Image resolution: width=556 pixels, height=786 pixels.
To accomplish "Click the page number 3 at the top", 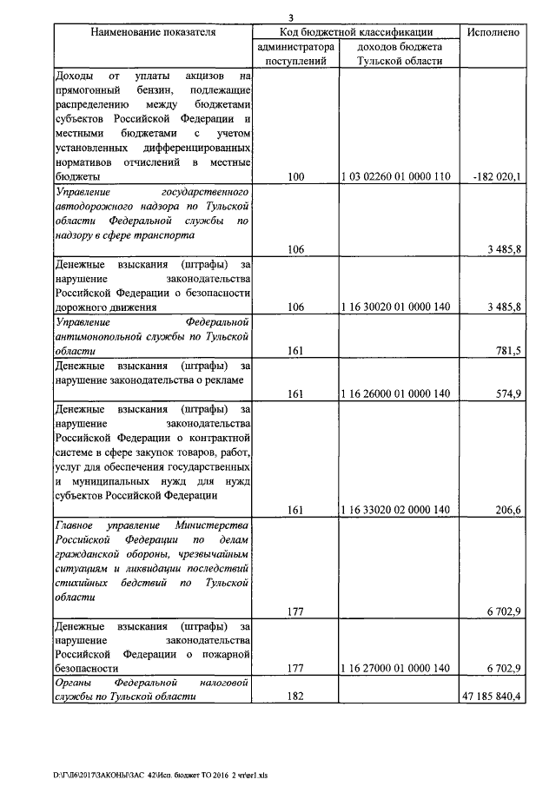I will tap(293, 17).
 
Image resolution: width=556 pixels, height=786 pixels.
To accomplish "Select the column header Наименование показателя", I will tap(153, 32).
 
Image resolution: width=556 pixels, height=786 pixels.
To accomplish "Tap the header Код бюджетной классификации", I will tap(357, 32).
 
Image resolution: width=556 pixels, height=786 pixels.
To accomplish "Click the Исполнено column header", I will tap(493, 32).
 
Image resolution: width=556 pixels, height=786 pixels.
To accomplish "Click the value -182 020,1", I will tap(495, 177).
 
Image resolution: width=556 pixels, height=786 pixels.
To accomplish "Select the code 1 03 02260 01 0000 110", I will tap(396, 177).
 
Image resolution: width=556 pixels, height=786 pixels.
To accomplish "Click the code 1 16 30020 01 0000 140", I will tap(396, 307).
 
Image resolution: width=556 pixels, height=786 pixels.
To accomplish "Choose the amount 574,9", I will tap(506, 393).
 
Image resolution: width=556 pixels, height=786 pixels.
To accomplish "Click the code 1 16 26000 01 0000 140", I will tap(396, 393).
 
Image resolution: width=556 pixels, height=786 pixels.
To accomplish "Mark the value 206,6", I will tap(506, 510).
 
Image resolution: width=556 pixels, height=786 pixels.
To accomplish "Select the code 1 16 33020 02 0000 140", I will tap(396, 510).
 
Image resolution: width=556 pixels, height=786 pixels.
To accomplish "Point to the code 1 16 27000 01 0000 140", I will tap(396, 668).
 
